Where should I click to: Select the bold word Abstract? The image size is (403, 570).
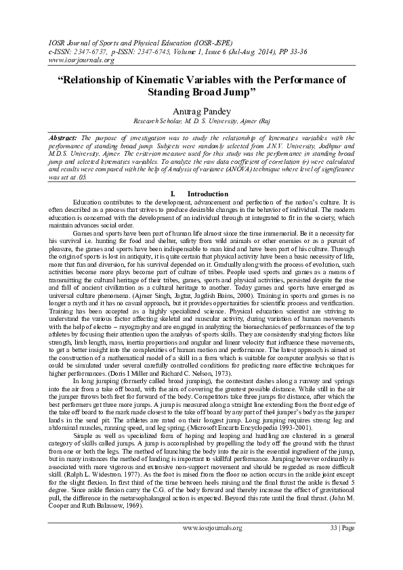64,137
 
